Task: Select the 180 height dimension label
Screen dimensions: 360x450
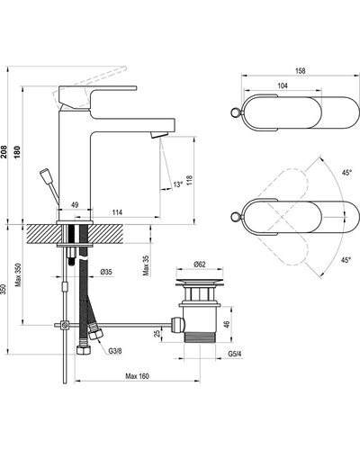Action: coord(17,152)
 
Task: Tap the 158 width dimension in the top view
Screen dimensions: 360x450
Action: coord(300,71)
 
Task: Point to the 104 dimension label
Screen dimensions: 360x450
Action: coord(283,85)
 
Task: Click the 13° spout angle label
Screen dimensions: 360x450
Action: coord(177,184)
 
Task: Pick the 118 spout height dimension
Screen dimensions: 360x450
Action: coord(189,180)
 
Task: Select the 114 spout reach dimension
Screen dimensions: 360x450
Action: coord(117,212)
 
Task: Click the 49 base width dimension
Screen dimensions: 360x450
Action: coord(75,204)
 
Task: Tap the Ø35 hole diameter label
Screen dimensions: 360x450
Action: coord(106,272)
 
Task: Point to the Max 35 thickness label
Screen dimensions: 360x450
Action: coord(146,265)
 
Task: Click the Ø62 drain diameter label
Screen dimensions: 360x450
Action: coord(200,264)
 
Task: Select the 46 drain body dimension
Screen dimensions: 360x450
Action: coord(227,324)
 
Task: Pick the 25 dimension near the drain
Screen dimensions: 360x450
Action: coord(157,334)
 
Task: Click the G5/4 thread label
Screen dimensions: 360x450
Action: coord(235,354)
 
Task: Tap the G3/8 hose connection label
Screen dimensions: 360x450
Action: coord(115,351)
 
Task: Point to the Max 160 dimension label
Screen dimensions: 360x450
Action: coord(137,376)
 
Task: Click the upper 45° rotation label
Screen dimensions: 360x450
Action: coord(346,173)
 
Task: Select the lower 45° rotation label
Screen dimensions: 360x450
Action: coord(346,260)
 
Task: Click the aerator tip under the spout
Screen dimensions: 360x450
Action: coord(158,134)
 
